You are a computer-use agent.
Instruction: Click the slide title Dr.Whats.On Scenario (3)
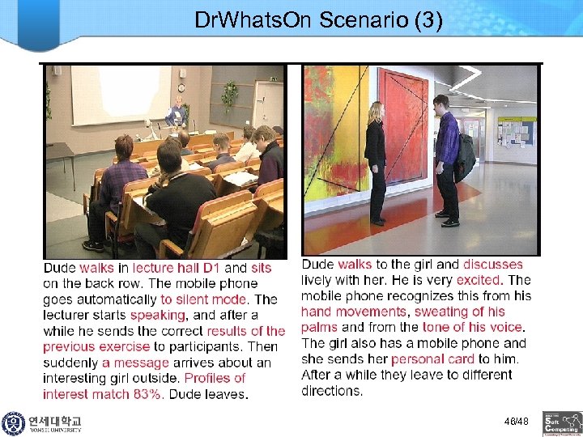(x=318, y=20)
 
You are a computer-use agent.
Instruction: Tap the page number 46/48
(x=516, y=422)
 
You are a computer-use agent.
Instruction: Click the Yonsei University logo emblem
(x=13, y=423)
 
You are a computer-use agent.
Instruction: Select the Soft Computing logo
(x=562, y=423)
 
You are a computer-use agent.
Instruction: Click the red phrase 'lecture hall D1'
(x=177, y=268)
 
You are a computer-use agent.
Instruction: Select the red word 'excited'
(x=479, y=280)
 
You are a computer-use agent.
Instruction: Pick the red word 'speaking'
(x=159, y=315)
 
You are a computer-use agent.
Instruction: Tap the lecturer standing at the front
(x=176, y=113)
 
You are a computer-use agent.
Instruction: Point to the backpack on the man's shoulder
(x=465, y=158)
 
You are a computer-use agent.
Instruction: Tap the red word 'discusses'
(x=493, y=264)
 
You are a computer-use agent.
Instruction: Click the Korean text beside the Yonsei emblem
(x=54, y=421)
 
